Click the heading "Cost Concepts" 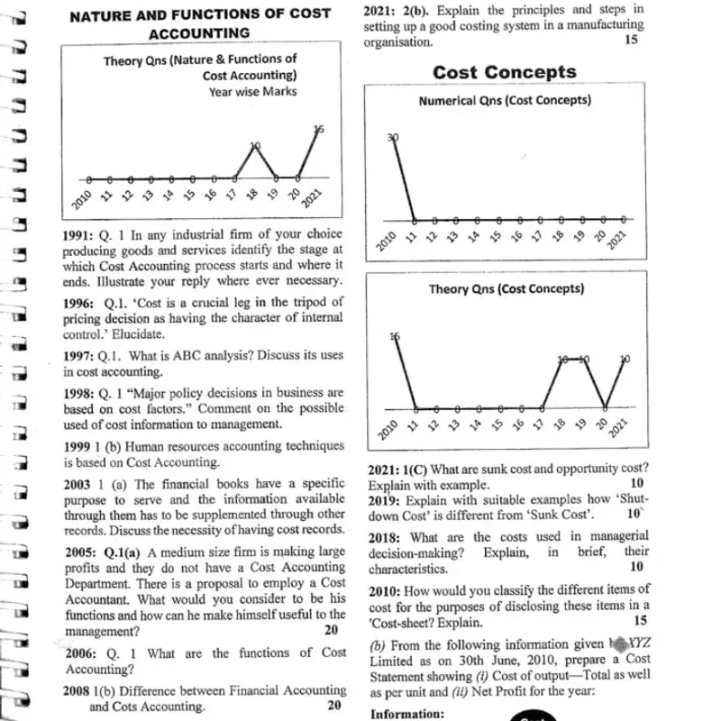pos(504,72)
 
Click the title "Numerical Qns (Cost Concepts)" pos(505,100)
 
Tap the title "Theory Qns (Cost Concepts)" pos(506,289)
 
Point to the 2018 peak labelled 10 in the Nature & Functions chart pos(255,146)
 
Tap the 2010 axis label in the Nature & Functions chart pos(81,198)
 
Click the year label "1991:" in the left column pos(80,233)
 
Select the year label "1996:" pos(80,303)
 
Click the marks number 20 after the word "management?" pos(331,631)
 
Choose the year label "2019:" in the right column pos(385,500)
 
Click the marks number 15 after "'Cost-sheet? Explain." pos(639,622)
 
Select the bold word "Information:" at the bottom pos(407,714)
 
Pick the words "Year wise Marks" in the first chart pos(252,91)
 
